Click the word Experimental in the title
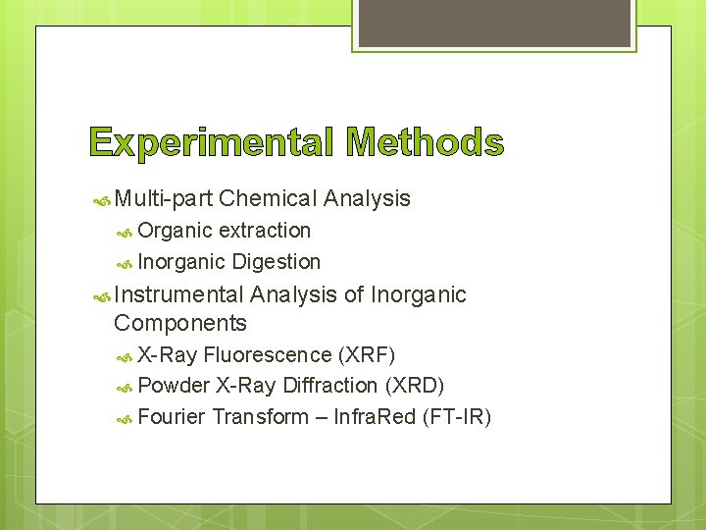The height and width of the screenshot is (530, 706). (210, 144)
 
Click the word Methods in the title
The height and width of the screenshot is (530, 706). (426, 144)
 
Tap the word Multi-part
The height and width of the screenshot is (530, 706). (164, 198)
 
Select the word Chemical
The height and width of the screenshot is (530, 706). (268, 198)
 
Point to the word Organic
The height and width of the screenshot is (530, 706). (175, 231)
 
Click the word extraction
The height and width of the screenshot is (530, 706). (265, 231)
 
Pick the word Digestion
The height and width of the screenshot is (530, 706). (277, 262)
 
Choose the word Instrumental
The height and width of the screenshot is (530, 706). (178, 294)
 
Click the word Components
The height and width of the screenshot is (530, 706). (180, 323)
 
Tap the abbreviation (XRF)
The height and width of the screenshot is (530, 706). (367, 354)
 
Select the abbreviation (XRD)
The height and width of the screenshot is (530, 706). (416, 386)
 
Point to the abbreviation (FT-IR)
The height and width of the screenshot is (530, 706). (456, 417)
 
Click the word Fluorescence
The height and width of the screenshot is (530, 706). (267, 354)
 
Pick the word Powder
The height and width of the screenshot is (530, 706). (174, 386)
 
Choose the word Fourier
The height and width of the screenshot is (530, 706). (172, 417)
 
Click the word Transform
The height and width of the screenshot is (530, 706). (260, 417)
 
